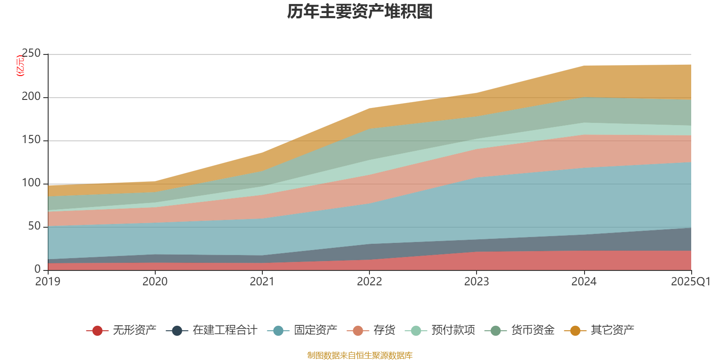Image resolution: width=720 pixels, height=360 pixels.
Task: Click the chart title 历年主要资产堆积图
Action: [360, 12]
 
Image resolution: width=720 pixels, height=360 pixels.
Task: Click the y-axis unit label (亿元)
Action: [20, 66]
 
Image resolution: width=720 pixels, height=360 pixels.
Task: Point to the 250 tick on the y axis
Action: [31, 54]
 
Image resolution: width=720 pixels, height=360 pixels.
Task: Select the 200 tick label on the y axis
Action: [31, 97]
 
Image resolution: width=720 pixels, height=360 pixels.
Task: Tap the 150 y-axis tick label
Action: [31, 140]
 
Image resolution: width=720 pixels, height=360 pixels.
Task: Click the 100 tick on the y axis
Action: [31, 183]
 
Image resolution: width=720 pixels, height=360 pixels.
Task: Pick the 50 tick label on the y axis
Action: [34, 226]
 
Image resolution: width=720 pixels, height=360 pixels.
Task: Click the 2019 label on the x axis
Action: [48, 282]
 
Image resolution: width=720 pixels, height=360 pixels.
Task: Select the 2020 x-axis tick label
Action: [155, 282]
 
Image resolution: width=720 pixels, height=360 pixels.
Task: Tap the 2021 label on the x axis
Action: [262, 282]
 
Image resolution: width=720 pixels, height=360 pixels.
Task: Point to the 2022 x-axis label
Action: [369, 282]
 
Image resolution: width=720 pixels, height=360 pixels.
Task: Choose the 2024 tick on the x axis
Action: [584, 282]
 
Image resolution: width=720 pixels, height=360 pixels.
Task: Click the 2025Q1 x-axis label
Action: [690, 282]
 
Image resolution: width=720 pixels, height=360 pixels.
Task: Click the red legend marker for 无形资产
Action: [97, 331]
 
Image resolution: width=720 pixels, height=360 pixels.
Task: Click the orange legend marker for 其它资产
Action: [575, 331]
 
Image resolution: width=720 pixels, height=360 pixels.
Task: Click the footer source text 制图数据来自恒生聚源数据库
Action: [360, 355]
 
